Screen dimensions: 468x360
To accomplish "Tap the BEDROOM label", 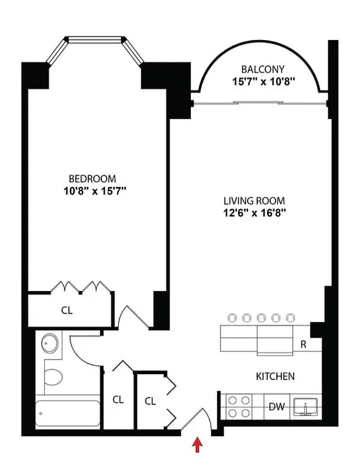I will (92, 178).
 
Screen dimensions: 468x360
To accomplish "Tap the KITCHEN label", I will (275, 376).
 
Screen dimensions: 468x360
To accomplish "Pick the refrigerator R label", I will (303, 345).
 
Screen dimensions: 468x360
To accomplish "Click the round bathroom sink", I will (50, 343).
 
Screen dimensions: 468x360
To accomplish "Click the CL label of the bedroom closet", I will (67, 311).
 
